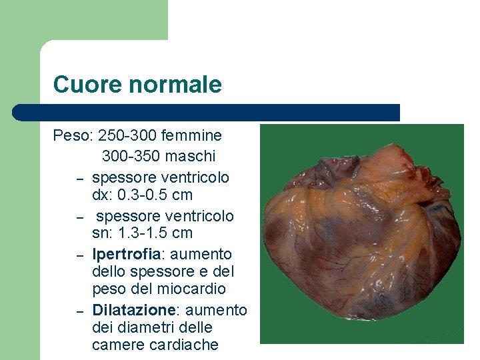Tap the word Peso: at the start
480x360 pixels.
click(73, 136)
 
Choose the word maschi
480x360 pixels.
click(191, 157)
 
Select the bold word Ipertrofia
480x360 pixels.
click(126, 255)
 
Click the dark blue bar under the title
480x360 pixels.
click(207, 113)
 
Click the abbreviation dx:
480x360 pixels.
click(102, 195)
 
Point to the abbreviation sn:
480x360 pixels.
click(102, 233)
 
